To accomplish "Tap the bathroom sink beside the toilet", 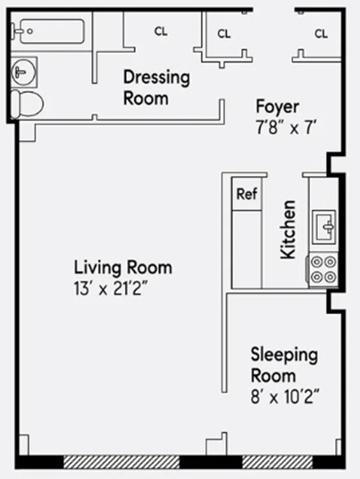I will (x=21, y=71).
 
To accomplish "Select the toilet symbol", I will (x=29, y=104).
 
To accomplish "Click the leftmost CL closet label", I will (x=161, y=31).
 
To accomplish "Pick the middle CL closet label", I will (x=224, y=34).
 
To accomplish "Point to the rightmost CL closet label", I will (x=321, y=34).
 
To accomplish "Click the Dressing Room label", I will (x=156, y=88).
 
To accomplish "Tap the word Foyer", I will (x=277, y=106).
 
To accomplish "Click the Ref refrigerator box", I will (x=246, y=193).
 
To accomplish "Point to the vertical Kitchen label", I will (x=289, y=231).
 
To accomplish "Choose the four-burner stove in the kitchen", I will (x=322, y=269).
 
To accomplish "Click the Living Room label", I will (x=122, y=267).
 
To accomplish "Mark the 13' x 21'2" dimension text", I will (x=122, y=288).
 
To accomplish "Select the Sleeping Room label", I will (x=283, y=365).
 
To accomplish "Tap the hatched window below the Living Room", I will (x=121, y=461).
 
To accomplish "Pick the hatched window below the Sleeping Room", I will (x=276, y=461).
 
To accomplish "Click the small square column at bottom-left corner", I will (x=23, y=444).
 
